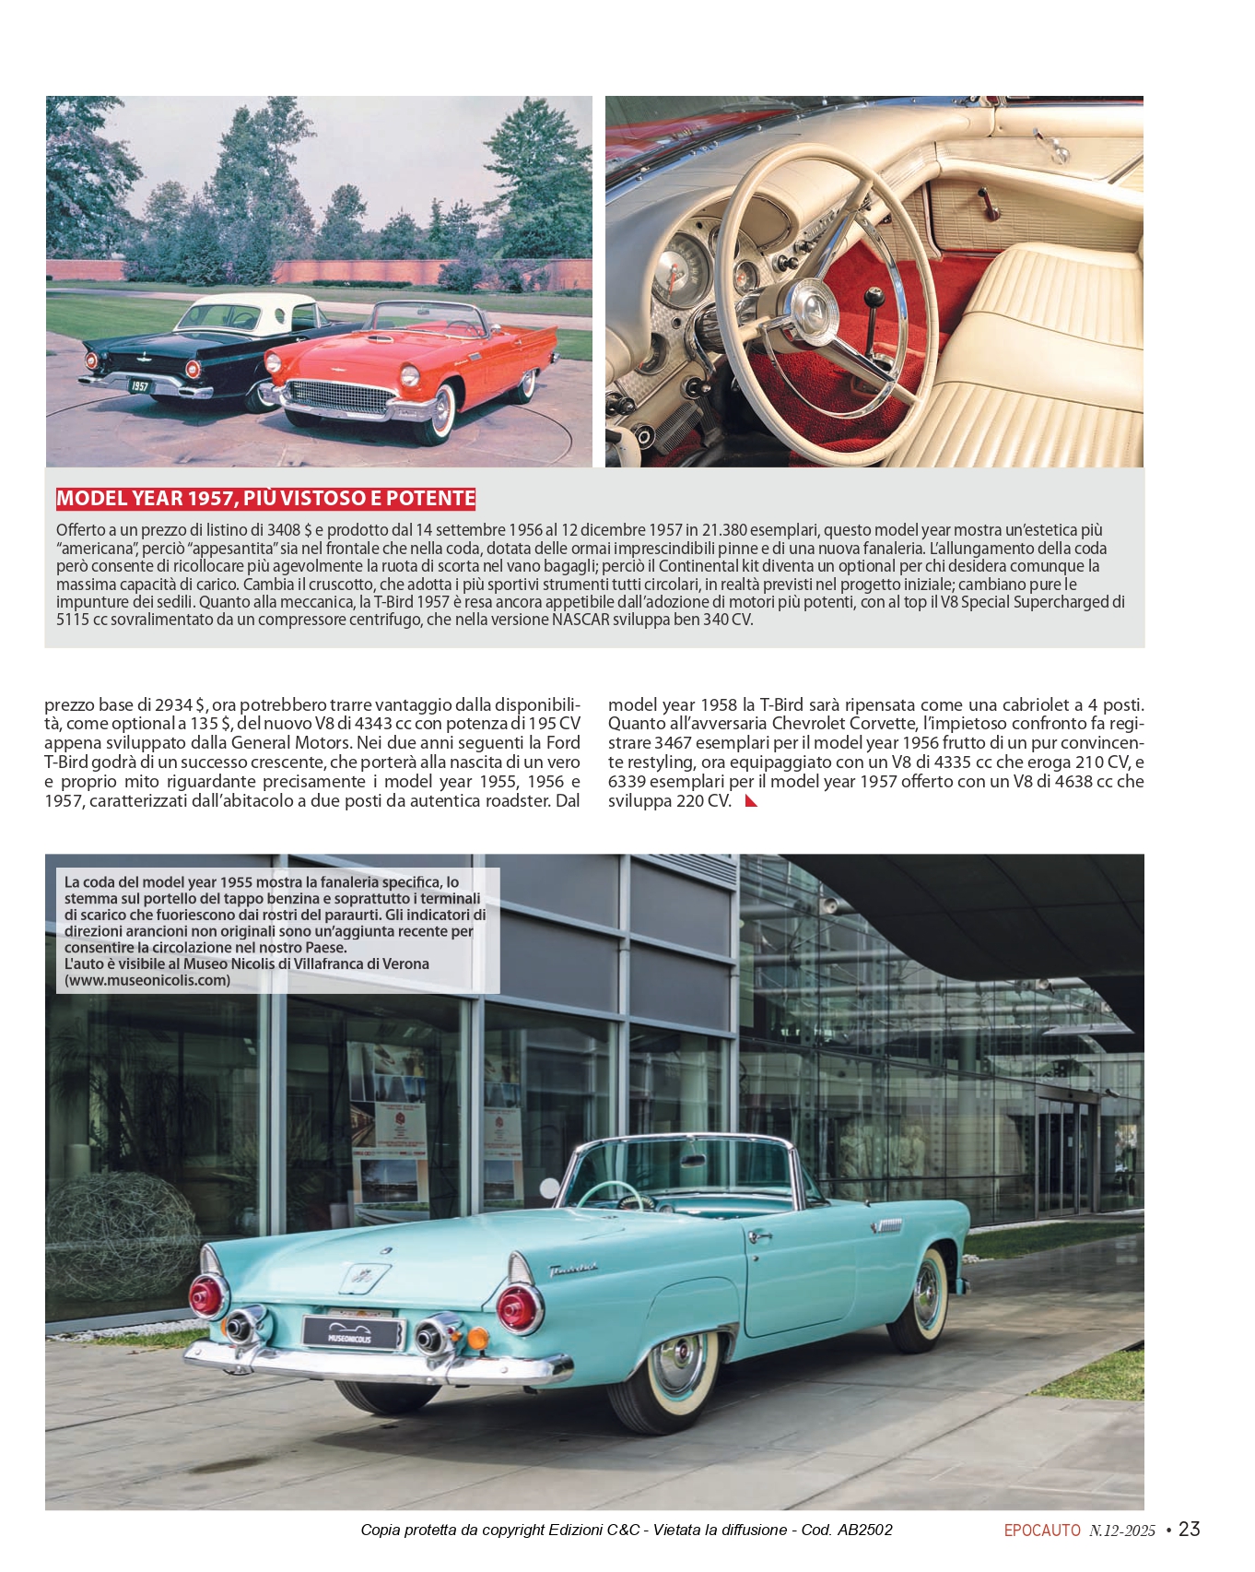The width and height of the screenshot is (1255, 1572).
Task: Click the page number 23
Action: click(x=1190, y=1529)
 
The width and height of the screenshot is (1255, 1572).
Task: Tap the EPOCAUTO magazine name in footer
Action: click(x=1042, y=1531)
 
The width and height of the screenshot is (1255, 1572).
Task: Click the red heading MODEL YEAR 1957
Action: click(x=265, y=499)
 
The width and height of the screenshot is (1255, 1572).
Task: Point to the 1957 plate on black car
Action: click(x=139, y=385)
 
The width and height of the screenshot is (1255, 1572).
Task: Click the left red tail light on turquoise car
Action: click(x=206, y=1295)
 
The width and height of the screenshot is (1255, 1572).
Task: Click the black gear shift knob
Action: click(x=873, y=297)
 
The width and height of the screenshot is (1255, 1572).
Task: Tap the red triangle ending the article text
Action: click(x=751, y=800)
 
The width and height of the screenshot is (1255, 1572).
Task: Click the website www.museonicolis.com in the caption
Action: click(x=147, y=980)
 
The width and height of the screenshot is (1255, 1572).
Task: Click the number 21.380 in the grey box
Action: click(x=721, y=530)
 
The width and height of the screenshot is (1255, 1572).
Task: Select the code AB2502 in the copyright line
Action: click(x=864, y=1530)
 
